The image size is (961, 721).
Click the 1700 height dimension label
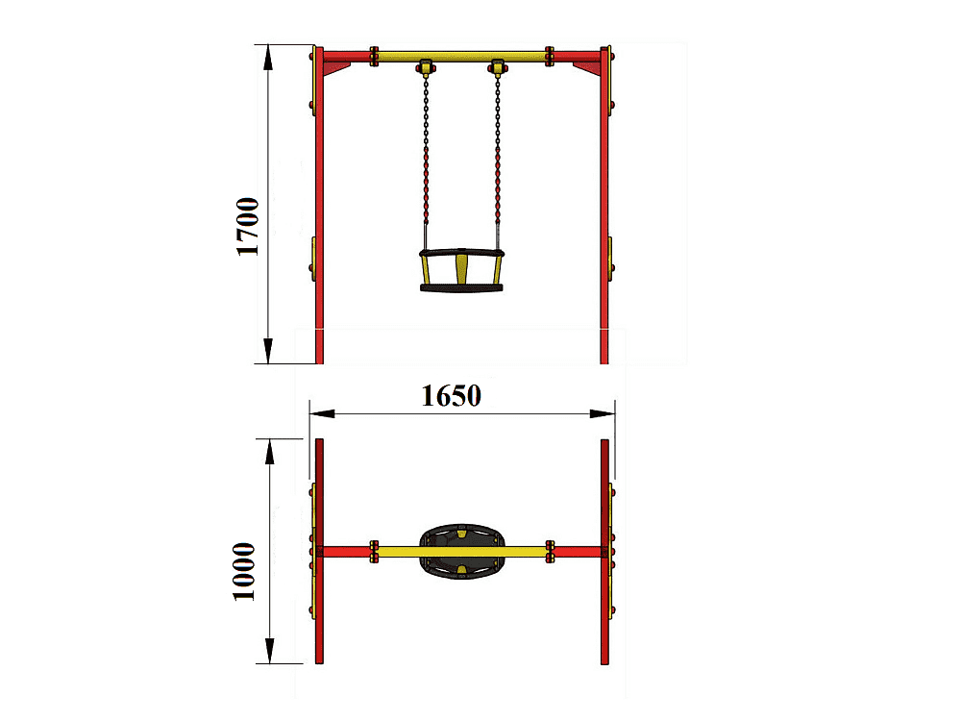pos(248,226)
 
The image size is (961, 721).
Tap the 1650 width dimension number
pos(451,396)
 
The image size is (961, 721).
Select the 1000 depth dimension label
pos(244,571)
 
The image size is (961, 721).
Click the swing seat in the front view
pos(461,270)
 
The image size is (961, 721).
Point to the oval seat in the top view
pos(462,552)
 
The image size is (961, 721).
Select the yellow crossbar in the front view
pos(461,57)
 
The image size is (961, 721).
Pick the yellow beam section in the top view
pos(461,552)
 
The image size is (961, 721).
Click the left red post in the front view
pos(319,206)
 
